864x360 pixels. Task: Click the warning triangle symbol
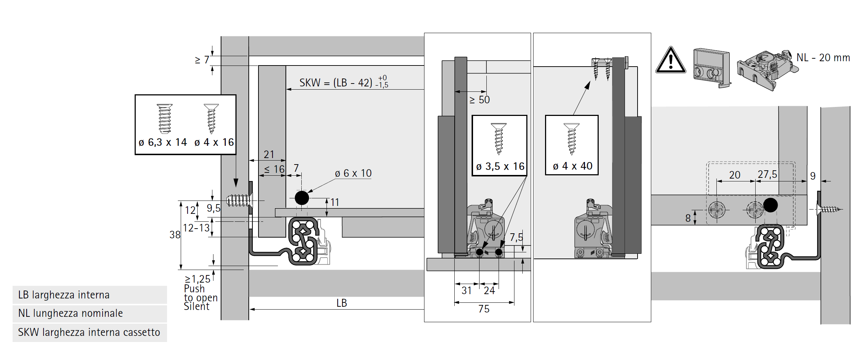(670, 60)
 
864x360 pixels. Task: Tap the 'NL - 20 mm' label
(823, 58)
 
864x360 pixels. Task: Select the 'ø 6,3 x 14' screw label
(163, 143)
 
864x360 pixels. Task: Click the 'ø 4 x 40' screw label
(572, 166)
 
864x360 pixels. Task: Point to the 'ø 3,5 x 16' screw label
(500, 166)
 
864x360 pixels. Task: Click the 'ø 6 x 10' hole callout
(353, 174)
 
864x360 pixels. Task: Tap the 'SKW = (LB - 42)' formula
(336, 83)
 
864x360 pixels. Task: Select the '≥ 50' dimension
(480, 100)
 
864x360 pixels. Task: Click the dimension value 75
(484, 309)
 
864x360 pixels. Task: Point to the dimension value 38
(175, 235)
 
